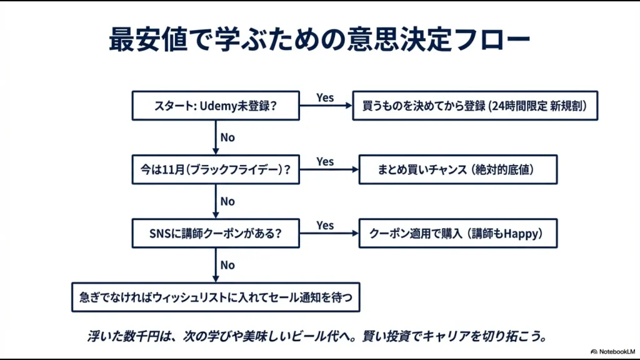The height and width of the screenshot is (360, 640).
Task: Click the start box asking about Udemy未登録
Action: (x=216, y=106)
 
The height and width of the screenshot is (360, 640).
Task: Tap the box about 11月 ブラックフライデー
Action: (x=216, y=170)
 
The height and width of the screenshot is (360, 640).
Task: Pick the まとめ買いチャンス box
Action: (x=457, y=170)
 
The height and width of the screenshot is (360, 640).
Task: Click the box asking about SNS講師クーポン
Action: (x=216, y=234)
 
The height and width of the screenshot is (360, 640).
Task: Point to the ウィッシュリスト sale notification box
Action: (x=216, y=297)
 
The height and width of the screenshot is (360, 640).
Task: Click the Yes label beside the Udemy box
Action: (x=325, y=97)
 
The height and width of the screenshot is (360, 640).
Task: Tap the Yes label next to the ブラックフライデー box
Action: (x=325, y=161)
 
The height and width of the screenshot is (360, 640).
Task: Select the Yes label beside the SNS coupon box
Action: (x=325, y=225)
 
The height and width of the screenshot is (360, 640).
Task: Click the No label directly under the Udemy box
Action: (x=227, y=137)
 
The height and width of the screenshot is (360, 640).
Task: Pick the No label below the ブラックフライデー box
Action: (x=227, y=201)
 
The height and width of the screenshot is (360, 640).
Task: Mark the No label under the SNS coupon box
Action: (x=227, y=265)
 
